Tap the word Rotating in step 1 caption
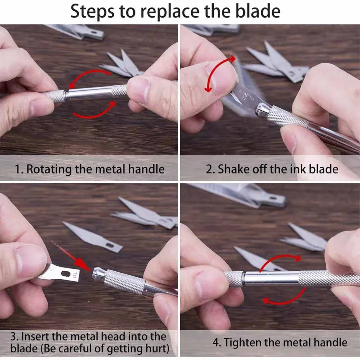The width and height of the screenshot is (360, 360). (49, 169)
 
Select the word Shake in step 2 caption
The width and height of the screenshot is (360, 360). (232, 169)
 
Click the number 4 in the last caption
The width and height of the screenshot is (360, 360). (216, 342)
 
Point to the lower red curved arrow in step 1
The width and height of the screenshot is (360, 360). (95, 113)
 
